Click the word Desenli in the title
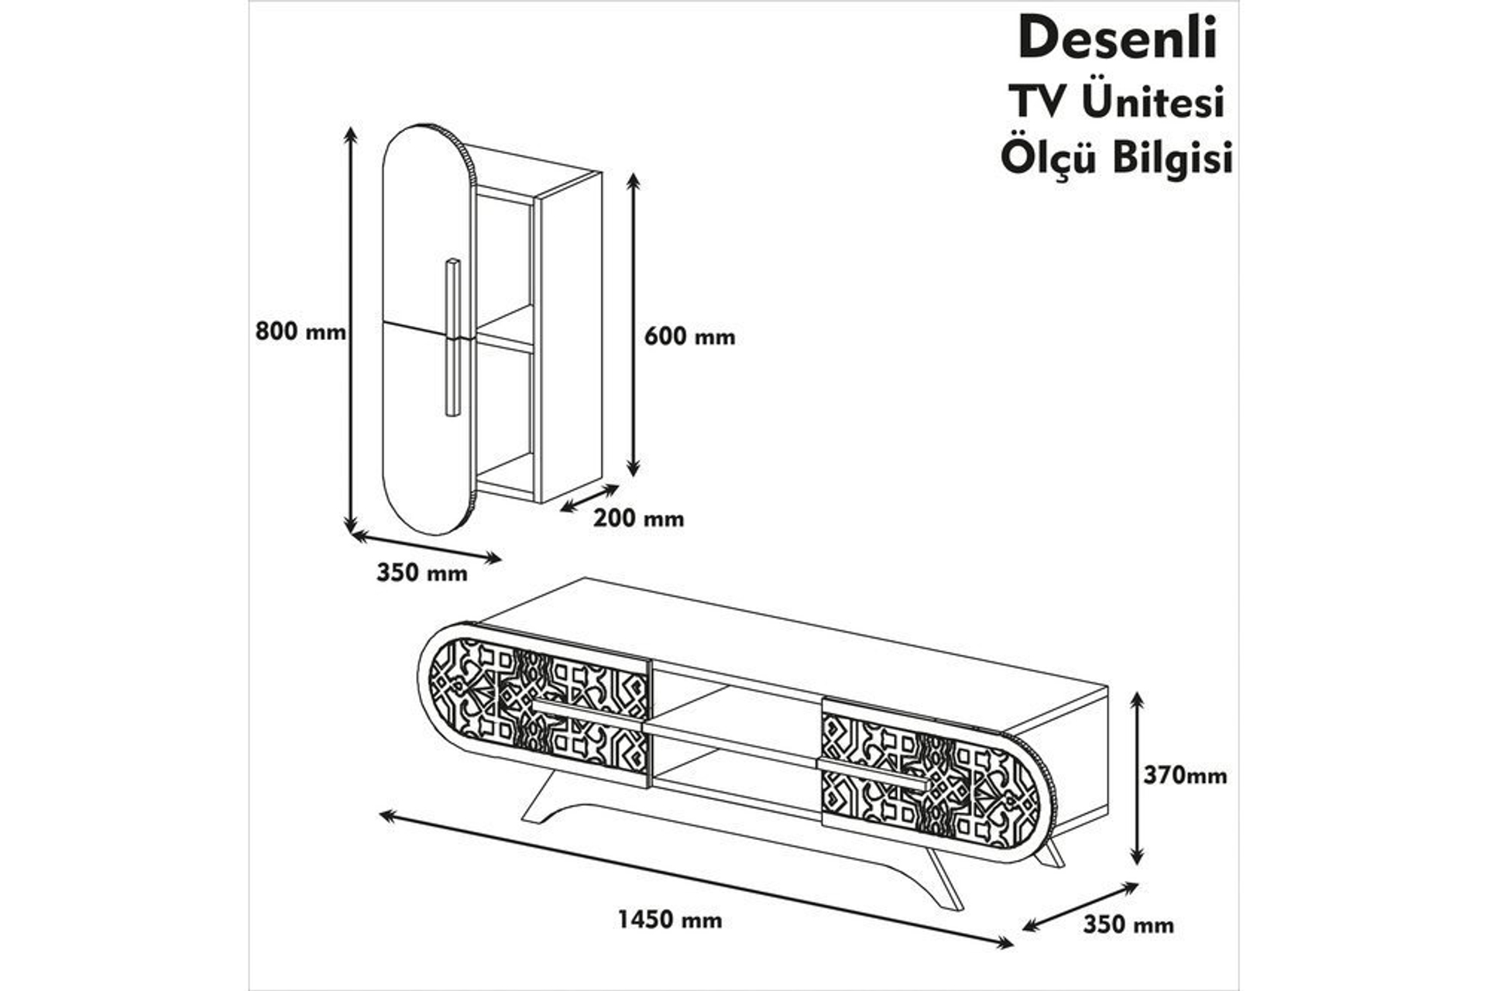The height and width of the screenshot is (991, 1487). (1117, 39)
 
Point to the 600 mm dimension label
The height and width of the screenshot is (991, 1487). (689, 337)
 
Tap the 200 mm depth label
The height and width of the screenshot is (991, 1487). (639, 519)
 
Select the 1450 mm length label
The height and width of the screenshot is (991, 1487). (670, 920)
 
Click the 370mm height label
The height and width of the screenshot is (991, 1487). (1185, 775)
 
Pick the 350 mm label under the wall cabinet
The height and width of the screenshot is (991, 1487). (422, 573)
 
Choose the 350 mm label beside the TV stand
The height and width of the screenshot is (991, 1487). (1128, 925)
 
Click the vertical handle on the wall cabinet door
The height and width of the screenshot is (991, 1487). (452, 338)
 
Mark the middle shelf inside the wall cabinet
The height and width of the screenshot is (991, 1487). (503, 339)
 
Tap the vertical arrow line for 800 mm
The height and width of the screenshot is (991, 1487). (351, 329)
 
